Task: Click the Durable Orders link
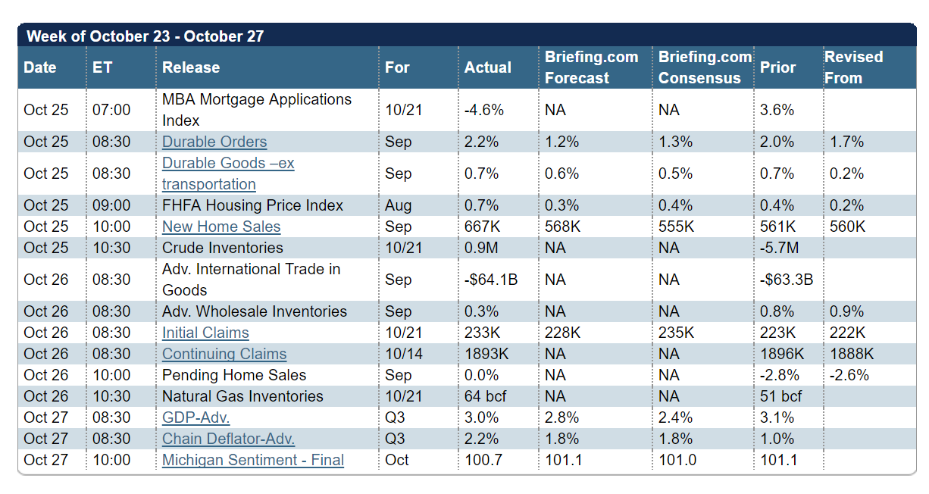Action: click(x=214, y=142)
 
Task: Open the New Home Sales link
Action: click(x=221, y=227)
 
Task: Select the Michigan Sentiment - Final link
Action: click(x=253, y=460)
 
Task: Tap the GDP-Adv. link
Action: click(x=195, y=417)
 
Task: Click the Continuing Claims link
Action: click(x=224, y=354)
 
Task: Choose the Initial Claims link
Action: click(x=205, y=333)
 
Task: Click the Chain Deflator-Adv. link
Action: click(x=228, y=439)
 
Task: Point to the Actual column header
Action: click(x=488, y=67)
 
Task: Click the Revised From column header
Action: click(x=853, y=67)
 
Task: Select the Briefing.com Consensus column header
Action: click(x=704, y=67)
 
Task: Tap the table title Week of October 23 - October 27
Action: click(x=145, y=36)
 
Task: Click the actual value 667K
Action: click(x=482, y=227)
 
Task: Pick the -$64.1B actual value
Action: click(x=491, y=280)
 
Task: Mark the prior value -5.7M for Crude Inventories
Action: click(x=780, y=248)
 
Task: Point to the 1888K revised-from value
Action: click(x=852, y=354)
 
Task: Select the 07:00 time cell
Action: click(x=111, y=110)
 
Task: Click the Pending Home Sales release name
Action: click(x=234, y=375)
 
